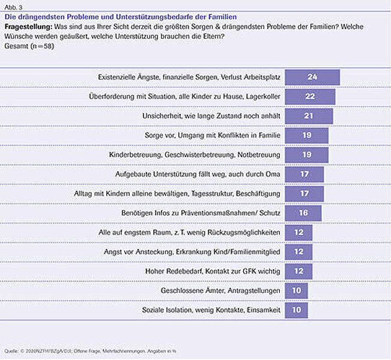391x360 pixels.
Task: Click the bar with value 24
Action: point(312,77)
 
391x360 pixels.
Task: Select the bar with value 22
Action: point(310,97)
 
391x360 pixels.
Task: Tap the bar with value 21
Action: point(309,116)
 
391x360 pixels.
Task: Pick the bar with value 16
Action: point(303,213)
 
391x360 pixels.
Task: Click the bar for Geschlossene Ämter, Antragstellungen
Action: point(296,291)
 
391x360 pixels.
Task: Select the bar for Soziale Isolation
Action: point(296,310)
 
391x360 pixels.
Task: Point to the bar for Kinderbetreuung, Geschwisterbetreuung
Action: point(306,155)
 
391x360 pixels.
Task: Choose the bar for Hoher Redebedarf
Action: point(299,271)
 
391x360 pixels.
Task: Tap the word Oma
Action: point(273,174)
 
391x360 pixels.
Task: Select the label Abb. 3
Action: point(13,7)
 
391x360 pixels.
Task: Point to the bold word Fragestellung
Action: point(28,27)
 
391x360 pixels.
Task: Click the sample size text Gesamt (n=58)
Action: point(29,46)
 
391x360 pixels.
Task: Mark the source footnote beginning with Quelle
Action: point(90,351)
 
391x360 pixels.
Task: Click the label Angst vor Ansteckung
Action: point(138,252)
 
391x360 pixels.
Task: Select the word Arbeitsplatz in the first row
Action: point(262,77)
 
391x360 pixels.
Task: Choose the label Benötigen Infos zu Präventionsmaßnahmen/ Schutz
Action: point(201,213)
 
